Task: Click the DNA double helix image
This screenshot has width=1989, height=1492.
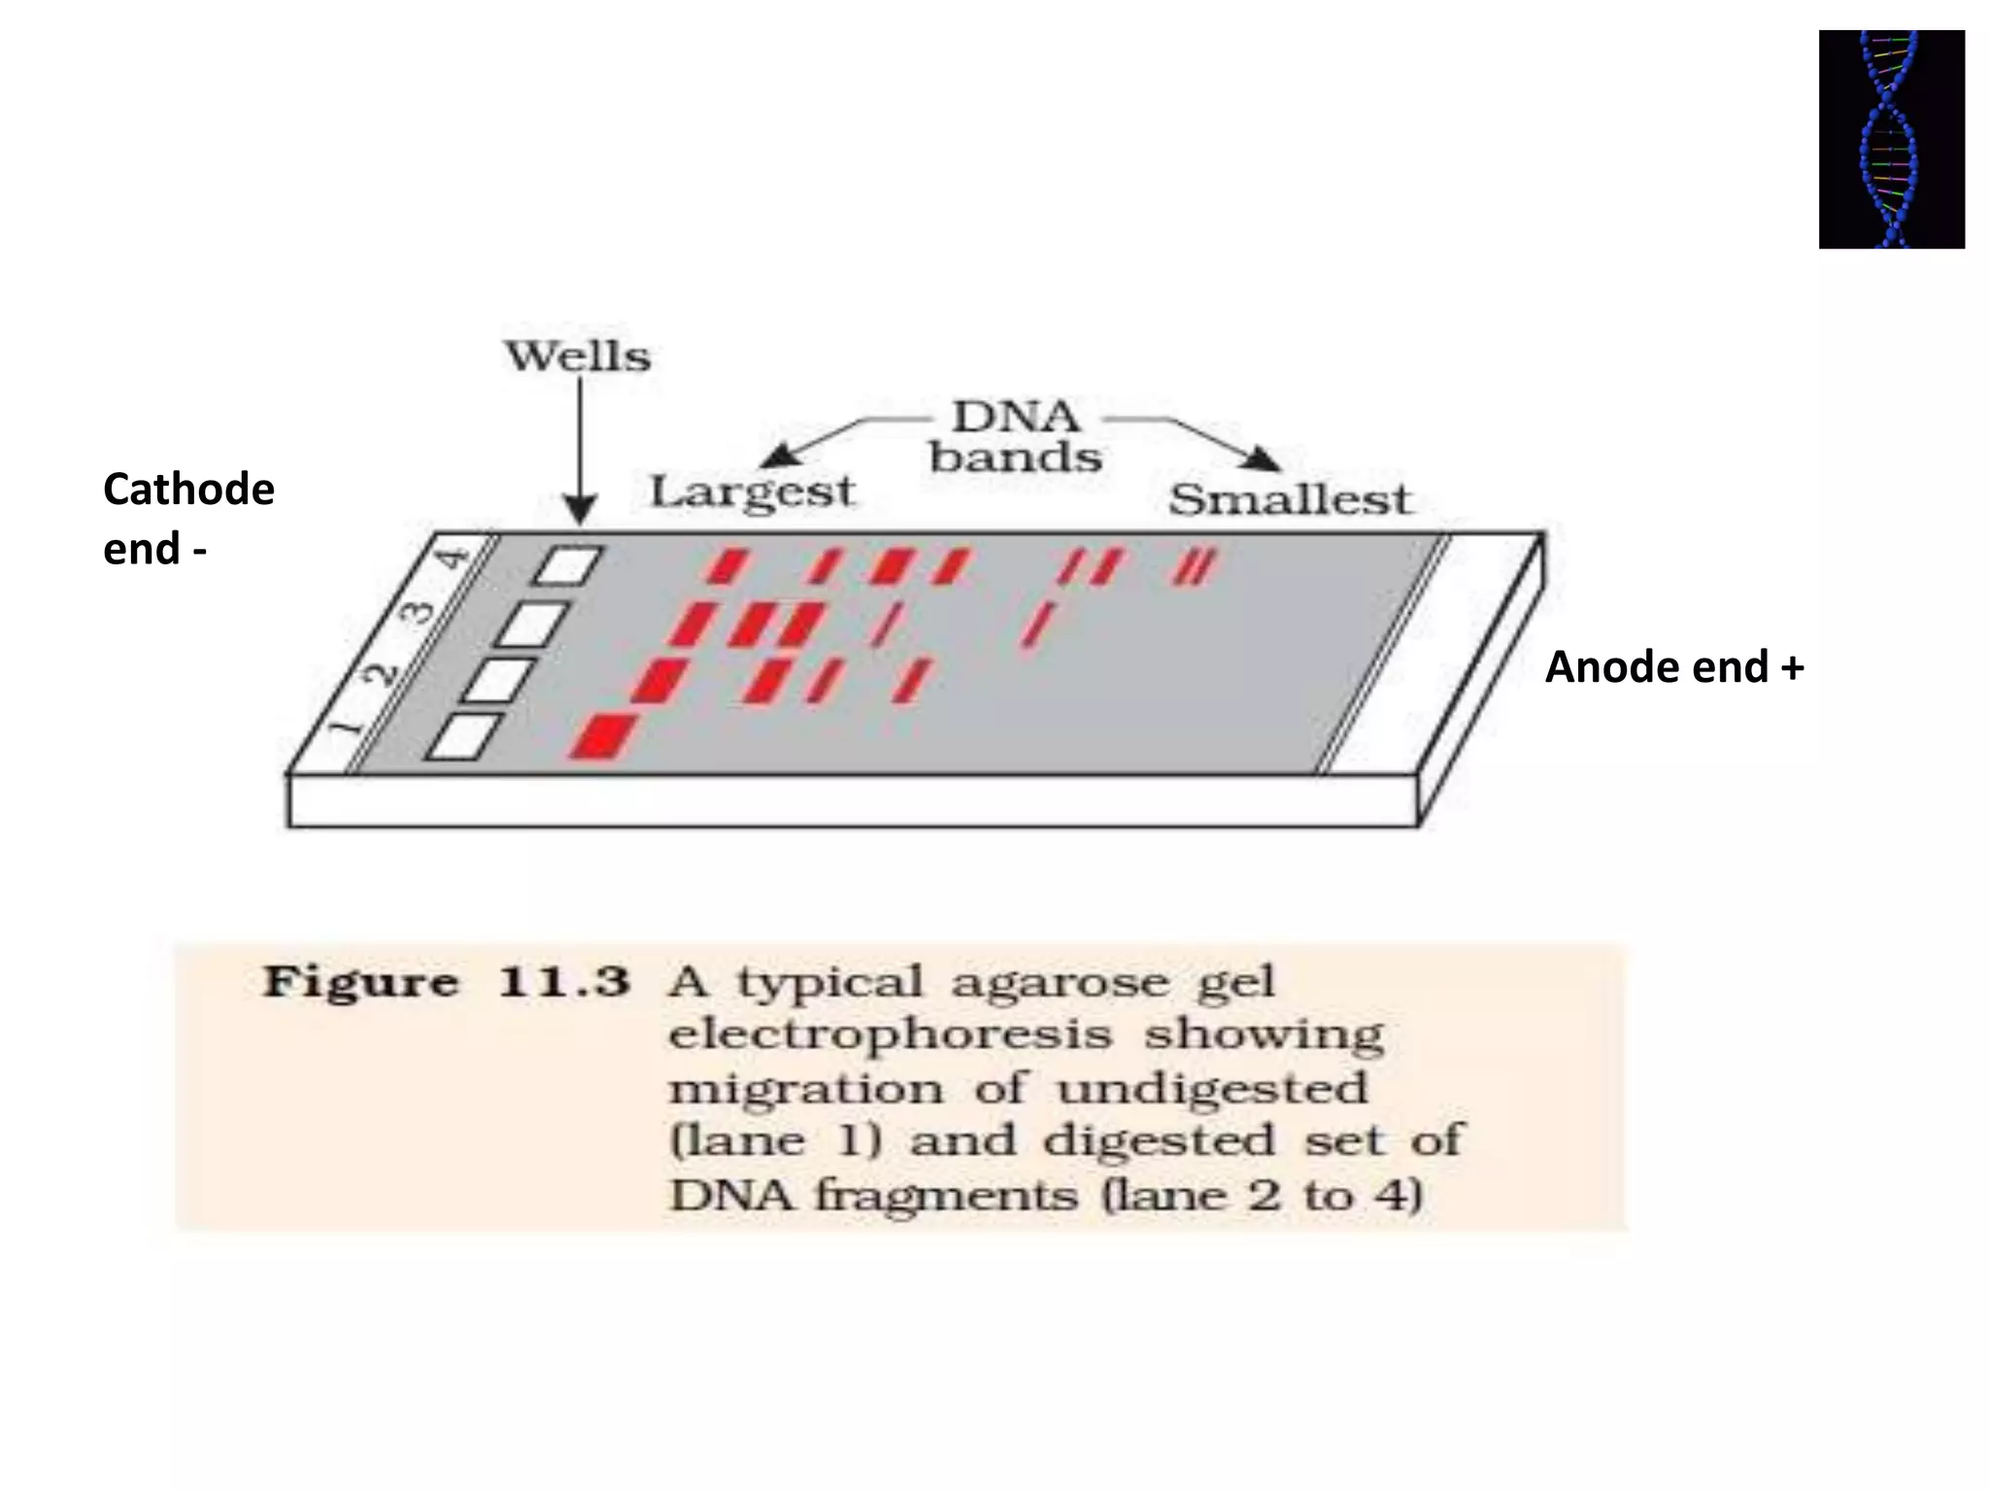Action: pyautogui.click(x=1891, y=139)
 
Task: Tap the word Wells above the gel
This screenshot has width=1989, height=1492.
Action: pyautogui.click(x=578, y=356)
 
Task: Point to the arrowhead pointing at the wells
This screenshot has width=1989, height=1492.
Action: pyautogui.click(x=580, y=510)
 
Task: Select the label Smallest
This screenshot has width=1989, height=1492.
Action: pyautogui.click(x=1289, y=500)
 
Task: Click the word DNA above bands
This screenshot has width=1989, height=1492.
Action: pyautogui.click(x=1015, y=418)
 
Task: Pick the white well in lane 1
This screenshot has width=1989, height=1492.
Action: pyautogui.click(x=465, y=736)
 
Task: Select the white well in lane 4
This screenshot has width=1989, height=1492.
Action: pyautogui.click(x=568, y=565)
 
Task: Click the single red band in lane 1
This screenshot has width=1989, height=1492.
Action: pyautogui.click(x=603, y=735)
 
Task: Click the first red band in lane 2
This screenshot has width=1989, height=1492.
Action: pyautogui.click(x=659, y=679)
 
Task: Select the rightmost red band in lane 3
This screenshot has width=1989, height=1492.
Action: pyautogui.click(x=1038, y=624)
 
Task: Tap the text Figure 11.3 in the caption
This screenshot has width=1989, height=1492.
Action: pyautogui.click(x=447, y=982)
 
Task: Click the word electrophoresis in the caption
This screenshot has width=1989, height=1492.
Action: pyautogui.click(x=890, y=1034)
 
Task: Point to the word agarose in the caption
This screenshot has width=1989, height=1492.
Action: pyautogui.click(x=1046, y=982)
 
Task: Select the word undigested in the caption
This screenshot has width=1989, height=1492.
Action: pyautogui.click(x=1212, y=1088)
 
